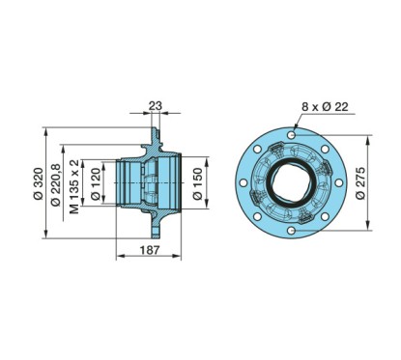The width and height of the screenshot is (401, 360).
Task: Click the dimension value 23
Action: (156, 106)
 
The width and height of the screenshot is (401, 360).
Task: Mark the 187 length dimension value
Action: (149, 249)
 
